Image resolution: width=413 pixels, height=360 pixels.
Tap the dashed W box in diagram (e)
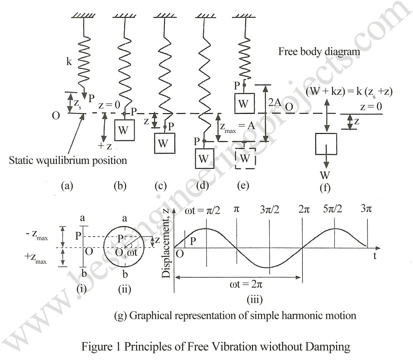click(x=245, y=158)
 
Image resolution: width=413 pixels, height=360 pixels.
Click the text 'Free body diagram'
click(x=318, y=52)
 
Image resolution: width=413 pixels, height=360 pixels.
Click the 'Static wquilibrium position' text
click(x=68, y=160)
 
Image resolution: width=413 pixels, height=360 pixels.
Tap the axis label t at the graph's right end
click(x=375, y=256)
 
